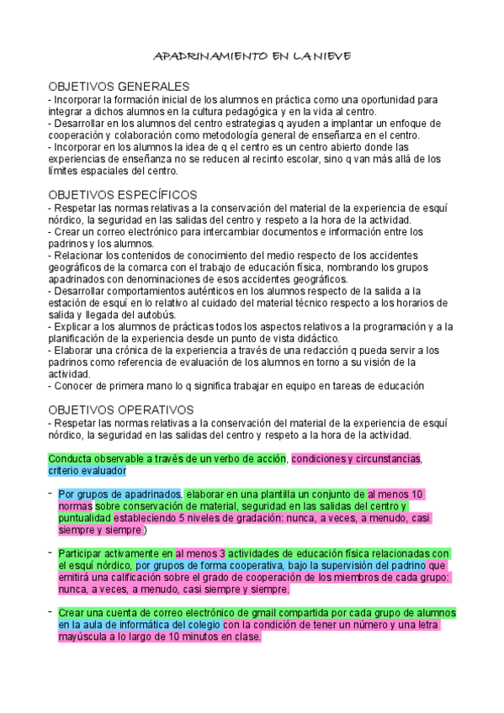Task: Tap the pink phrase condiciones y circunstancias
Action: [355, 459]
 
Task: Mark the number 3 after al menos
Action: [221, 553]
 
